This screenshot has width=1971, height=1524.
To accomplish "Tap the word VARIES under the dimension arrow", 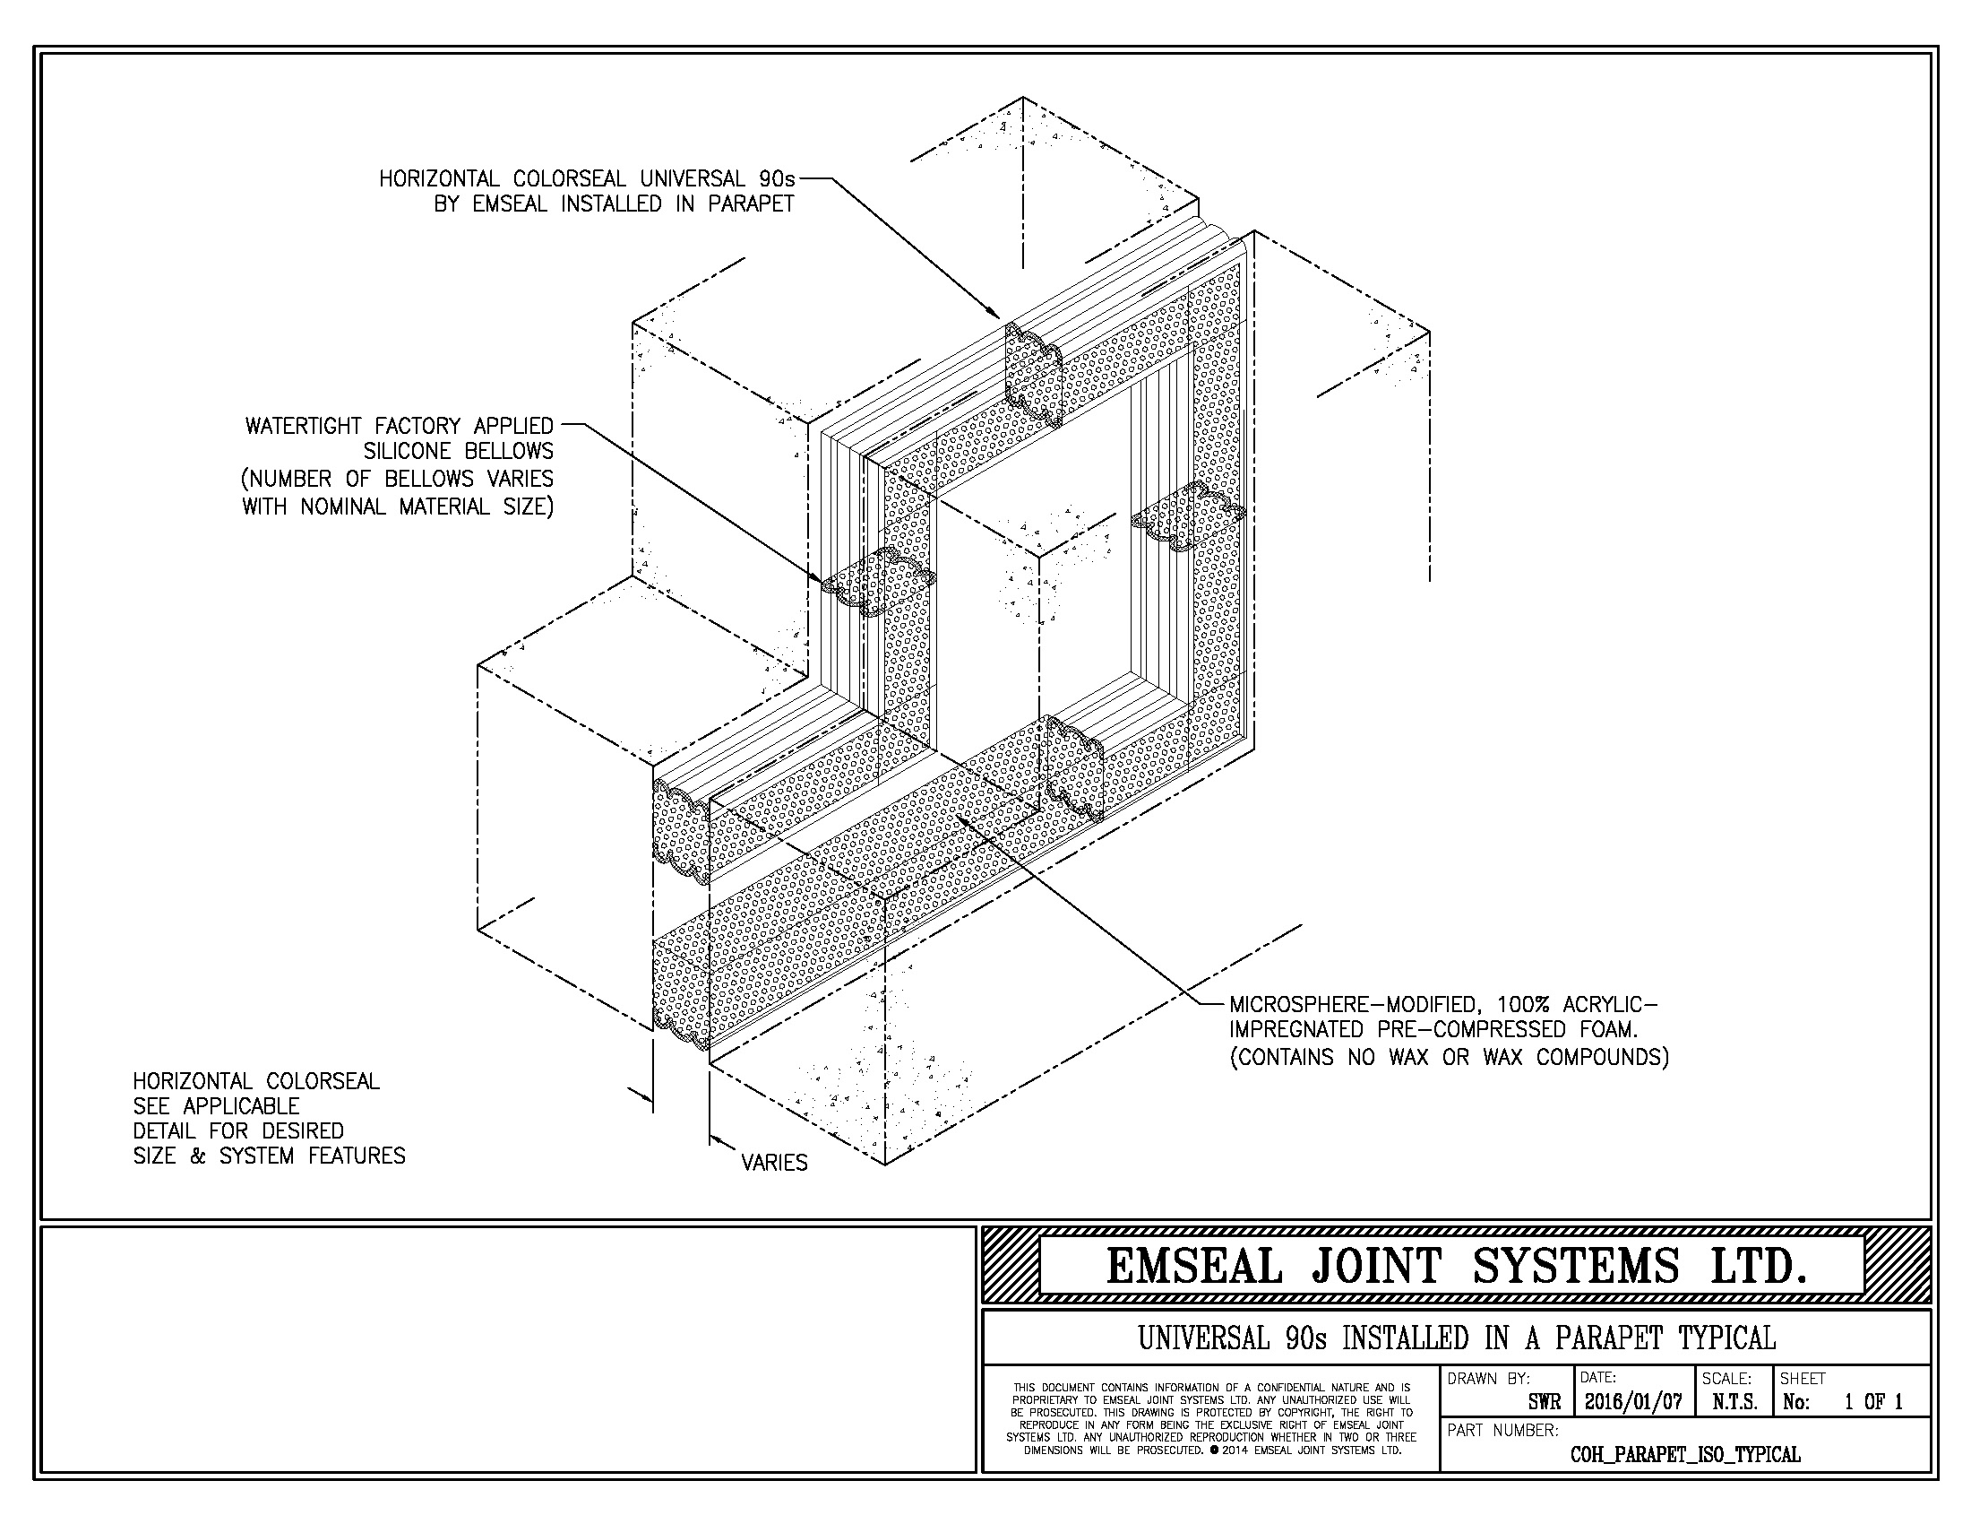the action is pos(774,1163).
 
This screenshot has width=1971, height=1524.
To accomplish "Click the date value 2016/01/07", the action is pos(1633,1402).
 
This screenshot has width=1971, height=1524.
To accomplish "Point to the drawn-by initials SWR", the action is pos(1545,1403).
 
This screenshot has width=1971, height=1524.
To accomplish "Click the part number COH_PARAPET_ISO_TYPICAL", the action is pos(1686,1454).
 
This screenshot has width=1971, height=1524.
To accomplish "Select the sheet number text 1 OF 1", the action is pos(1873,1402).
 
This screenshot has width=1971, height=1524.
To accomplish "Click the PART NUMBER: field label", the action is pos(1502,1430).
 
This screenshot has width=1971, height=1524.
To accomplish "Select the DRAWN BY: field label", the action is pos(1488,1379).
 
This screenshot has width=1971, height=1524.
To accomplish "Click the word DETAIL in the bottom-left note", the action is pos(163,1130).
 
